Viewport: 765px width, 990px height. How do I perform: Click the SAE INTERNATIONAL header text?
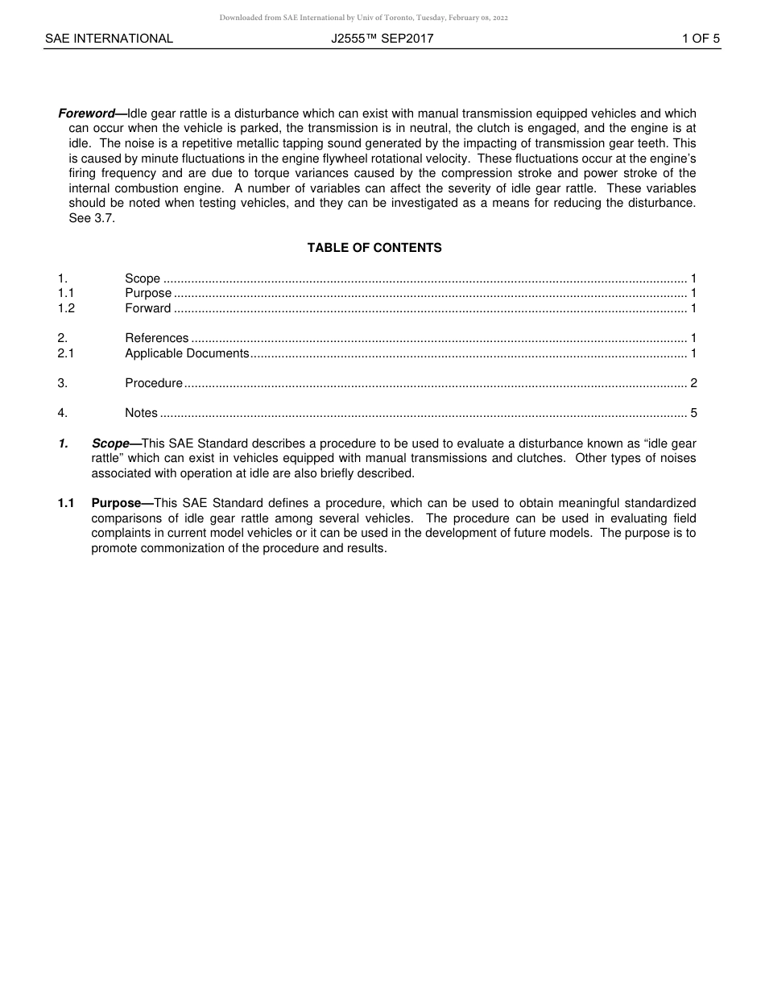(x=109, y=39)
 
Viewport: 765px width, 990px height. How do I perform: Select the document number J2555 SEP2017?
(x=382, y=39)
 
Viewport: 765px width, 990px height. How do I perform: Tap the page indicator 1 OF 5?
(x=701, y=39)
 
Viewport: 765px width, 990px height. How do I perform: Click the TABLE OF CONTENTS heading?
(x=374, y=248)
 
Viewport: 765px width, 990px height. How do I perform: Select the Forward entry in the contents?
(x=148, y=308)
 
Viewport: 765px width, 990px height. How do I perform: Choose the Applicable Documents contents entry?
(x=187, y=353)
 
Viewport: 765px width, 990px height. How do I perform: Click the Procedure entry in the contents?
(x=154, y=383)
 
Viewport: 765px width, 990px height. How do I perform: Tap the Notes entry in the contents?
(x=142, y=413)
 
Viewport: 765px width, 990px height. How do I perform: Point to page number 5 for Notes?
(x=693, y=413)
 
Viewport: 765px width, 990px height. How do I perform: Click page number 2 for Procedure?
(x=693, y=383)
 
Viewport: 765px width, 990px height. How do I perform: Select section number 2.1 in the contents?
(x=66, y=353)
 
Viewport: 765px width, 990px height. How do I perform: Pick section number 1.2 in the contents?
(x=66, y=308)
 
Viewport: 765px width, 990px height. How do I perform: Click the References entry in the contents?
(x=157, y=338)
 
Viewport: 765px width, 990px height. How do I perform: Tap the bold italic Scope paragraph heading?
(x=110, y=443)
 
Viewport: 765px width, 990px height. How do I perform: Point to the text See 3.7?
(x=92, y=218)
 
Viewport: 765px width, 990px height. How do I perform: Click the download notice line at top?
(x=363, y=18)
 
